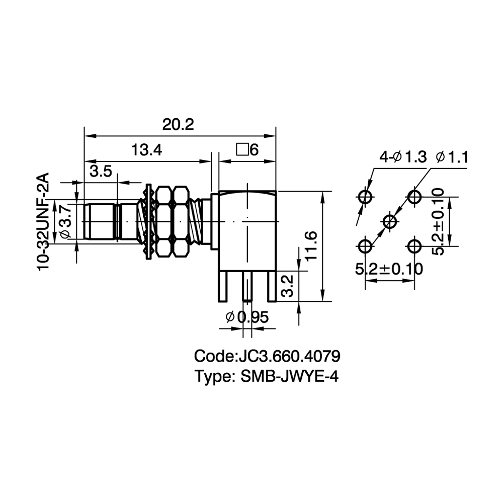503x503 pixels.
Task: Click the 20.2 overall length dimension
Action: tap(178, 124)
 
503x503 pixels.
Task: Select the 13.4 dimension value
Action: tap(146, 150)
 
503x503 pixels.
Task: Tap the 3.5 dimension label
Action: tap(101, 172)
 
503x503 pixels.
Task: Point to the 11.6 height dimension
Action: tap(311, 245)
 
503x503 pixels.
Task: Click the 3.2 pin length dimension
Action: tap(287, 286)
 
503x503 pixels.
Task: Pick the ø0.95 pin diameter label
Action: tap(246, 317)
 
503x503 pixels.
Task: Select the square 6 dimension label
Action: tap(247, 150)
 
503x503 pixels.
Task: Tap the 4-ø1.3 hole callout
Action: tap(403, 157)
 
